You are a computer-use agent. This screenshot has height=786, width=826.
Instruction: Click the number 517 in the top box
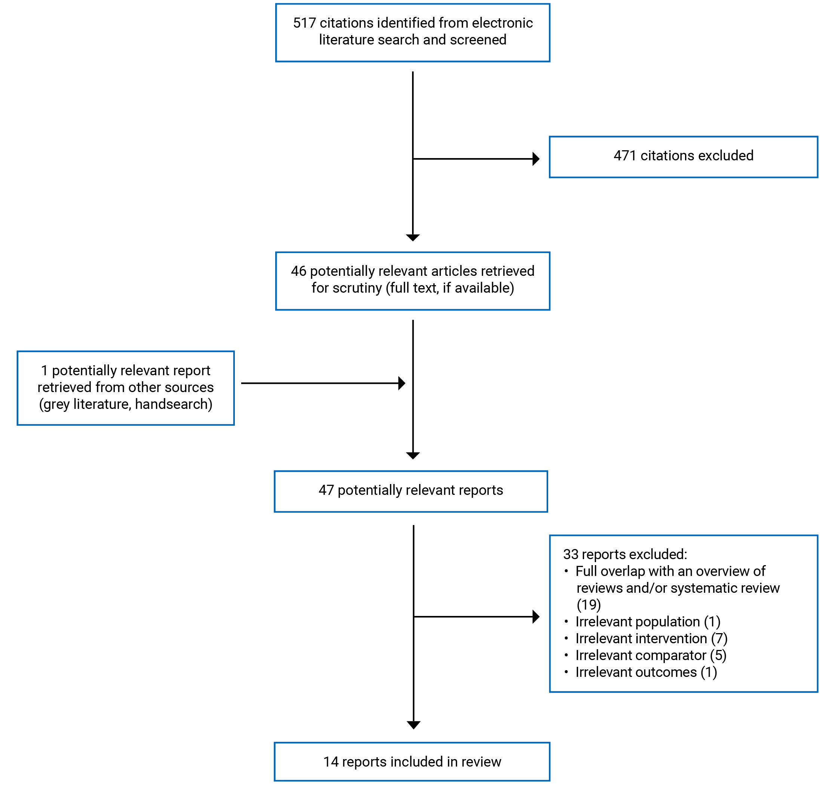tap(304, 23)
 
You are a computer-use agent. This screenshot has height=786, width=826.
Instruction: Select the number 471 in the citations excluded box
tap(625, 156)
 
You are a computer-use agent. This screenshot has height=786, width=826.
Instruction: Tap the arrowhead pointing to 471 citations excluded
tap(536, 159)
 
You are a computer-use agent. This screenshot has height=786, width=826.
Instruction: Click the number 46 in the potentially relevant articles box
tap(298, 271)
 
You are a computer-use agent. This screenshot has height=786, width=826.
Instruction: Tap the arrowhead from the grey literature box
tap(402, 383)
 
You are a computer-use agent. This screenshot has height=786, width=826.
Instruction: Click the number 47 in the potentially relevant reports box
tap(326, 491)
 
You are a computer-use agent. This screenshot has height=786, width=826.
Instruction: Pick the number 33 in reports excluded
tap(571, 555)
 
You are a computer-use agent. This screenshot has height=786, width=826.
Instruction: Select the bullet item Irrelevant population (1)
tap(648, 622)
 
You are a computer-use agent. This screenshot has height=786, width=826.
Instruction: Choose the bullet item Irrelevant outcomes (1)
tap(646, 672)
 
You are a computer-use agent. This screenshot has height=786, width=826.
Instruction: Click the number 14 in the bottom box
tap(330, 762)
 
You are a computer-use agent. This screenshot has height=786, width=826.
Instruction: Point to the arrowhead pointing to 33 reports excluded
tap(536, 617)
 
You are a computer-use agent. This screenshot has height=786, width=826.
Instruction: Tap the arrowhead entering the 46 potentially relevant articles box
tap(413, 238)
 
